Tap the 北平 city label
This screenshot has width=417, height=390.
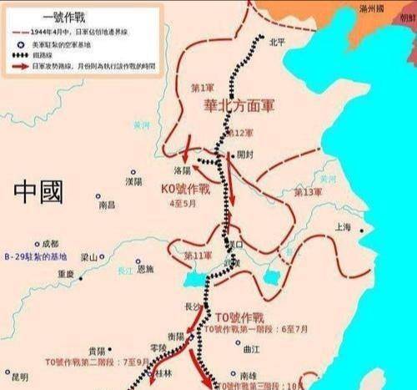point(277,39)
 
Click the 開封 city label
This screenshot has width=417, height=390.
point(244,154)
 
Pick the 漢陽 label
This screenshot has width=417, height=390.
point(133,180)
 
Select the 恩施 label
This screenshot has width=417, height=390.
point(146,269)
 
